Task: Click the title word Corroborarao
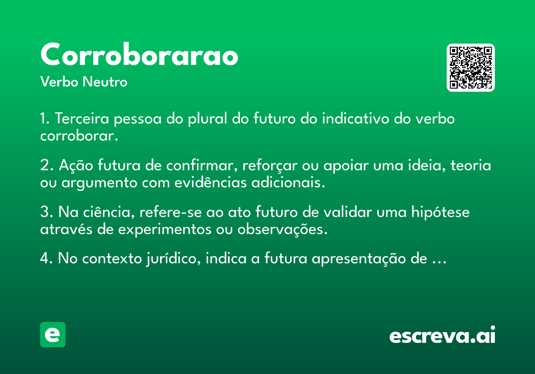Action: [139, 54]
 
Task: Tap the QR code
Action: [470, 68]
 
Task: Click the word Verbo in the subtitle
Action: [59, 81]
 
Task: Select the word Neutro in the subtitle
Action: [105, 81]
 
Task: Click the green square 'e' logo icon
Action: [53, 334]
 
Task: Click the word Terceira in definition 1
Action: [82, 118]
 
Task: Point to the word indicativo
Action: [356, 118]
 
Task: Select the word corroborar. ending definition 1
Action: [79, 136]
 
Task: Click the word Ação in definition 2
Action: [76, 165]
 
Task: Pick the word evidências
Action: [210, 183]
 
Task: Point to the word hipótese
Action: [440, 212]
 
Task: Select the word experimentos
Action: [165, 229]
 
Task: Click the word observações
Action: [282, 229]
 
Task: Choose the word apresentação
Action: [359, 259]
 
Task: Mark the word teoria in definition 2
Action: [471, 165]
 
